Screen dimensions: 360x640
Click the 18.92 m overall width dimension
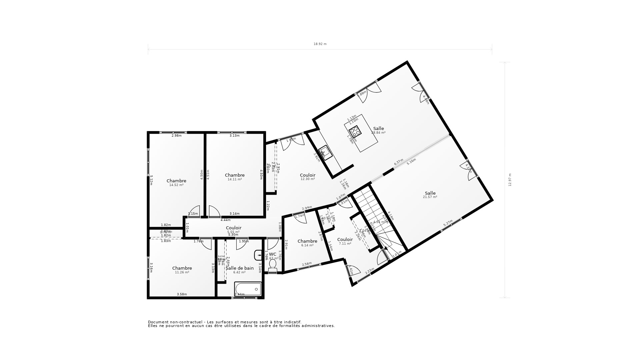[320, 44]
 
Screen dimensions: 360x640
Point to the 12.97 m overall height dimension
[510, 180]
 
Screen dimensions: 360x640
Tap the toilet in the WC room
[273, 265]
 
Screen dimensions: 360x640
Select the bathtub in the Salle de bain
[248, 289]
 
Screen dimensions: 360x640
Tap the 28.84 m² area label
[378, 133]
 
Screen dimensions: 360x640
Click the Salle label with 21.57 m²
[430, 193]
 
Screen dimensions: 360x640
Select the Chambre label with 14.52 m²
[176, 181]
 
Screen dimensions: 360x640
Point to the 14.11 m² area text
[235, 179]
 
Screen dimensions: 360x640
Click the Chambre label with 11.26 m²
[182, 268]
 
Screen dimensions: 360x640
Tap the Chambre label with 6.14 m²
[307, 241]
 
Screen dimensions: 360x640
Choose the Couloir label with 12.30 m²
[307, 175]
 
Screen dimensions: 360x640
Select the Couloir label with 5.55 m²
[233, 228]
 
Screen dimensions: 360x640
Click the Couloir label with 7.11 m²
[345, 239]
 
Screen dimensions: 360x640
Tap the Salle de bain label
[240, 268]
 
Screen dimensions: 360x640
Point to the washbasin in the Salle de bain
[258, 255]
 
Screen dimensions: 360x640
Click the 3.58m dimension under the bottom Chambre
[182, 294]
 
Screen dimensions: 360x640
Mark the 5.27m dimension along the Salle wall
[448, 223]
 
